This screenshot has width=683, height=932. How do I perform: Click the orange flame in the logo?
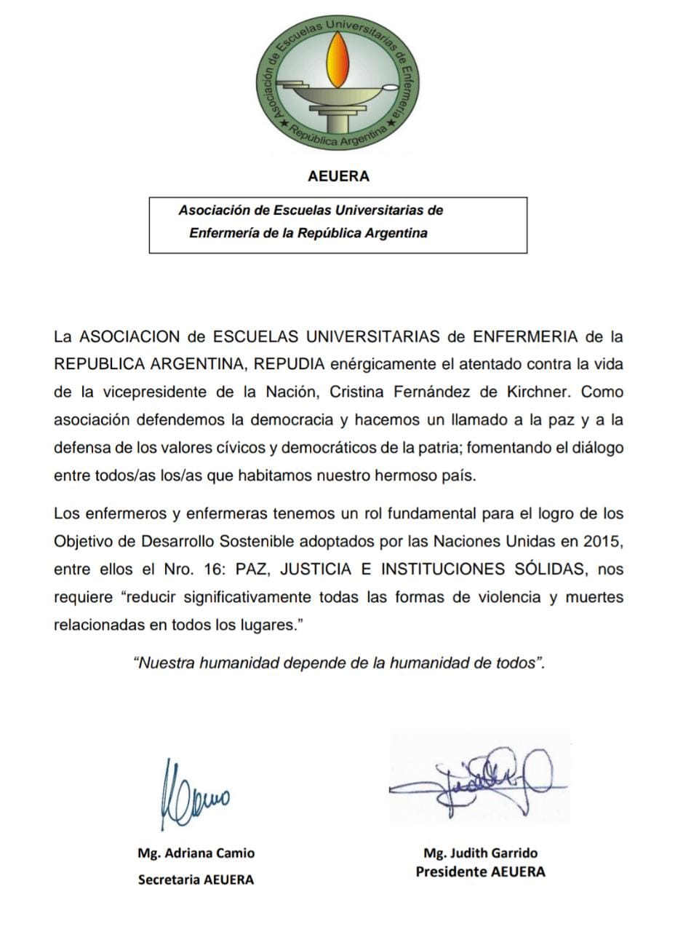coord(336,60)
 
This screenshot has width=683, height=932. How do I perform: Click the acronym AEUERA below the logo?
coord(338,176)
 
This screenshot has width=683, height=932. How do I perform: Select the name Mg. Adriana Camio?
coord(196,853)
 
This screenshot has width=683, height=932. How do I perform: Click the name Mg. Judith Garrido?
coord(480,853)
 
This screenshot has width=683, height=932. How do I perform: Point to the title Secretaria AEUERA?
coord(196,880)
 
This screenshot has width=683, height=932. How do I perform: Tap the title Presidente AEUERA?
coord(480,871)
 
